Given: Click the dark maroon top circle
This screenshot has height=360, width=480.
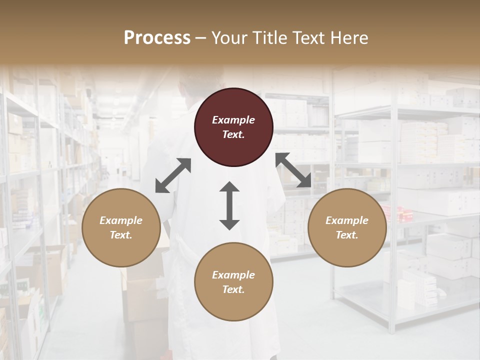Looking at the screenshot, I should [x=233, y=127].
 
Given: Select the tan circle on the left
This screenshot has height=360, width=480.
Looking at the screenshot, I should [x=121, y=227].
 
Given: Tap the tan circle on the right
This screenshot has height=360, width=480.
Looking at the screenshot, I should [x=347, y=227].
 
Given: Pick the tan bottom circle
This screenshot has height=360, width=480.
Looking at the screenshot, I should [x=233, y=282].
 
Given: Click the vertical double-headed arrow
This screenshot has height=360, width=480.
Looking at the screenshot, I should [x=229, y=205].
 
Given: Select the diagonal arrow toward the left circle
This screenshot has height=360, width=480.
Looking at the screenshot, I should [x=173, y=175].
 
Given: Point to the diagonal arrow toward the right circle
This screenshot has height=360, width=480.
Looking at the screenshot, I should [x=293, y=170].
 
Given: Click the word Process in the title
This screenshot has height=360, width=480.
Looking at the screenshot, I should [x=157, y=37].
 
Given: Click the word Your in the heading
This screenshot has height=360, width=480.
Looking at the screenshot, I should [x=228, y=37].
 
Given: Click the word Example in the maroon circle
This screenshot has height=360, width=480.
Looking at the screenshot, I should [x=233, y=120].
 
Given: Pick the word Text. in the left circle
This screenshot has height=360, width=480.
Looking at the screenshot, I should [x=121, y=235].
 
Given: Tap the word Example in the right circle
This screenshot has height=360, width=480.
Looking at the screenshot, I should [x=347, y=220].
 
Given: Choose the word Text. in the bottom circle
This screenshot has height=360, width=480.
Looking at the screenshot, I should [x=233, y=289].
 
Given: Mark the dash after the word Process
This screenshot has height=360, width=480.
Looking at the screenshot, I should [x=200, y=38].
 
